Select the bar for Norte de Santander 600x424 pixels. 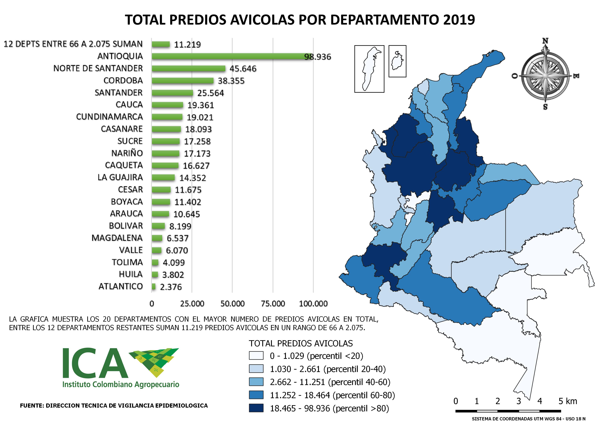188,68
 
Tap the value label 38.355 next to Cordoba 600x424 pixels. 231,81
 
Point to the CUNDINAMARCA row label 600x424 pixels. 109,117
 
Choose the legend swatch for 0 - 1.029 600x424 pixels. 256,356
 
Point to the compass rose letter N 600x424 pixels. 545,41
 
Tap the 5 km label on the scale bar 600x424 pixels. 568,401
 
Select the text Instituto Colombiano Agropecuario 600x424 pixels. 121,385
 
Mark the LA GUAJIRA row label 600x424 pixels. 120,177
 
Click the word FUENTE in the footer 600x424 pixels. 31,406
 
